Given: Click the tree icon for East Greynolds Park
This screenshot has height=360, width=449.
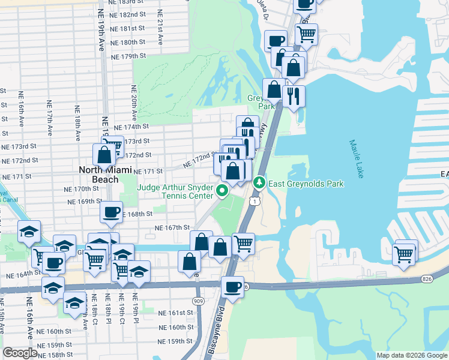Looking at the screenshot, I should point(259,182).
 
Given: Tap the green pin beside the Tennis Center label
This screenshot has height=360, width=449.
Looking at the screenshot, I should point(222,192).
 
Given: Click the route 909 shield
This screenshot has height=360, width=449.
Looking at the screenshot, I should point(197,300).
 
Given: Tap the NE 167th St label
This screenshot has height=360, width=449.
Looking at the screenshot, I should point(172,227).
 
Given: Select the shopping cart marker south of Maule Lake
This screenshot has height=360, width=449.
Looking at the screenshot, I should point(404,254).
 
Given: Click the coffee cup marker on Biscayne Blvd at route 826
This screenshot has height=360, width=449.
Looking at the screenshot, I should point(232,287).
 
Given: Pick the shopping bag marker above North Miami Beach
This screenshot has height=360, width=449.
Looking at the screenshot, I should point(104,155).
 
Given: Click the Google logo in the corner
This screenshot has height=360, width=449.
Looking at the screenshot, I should point(20,353).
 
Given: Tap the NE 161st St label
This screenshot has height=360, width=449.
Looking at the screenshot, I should point(176,313).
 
